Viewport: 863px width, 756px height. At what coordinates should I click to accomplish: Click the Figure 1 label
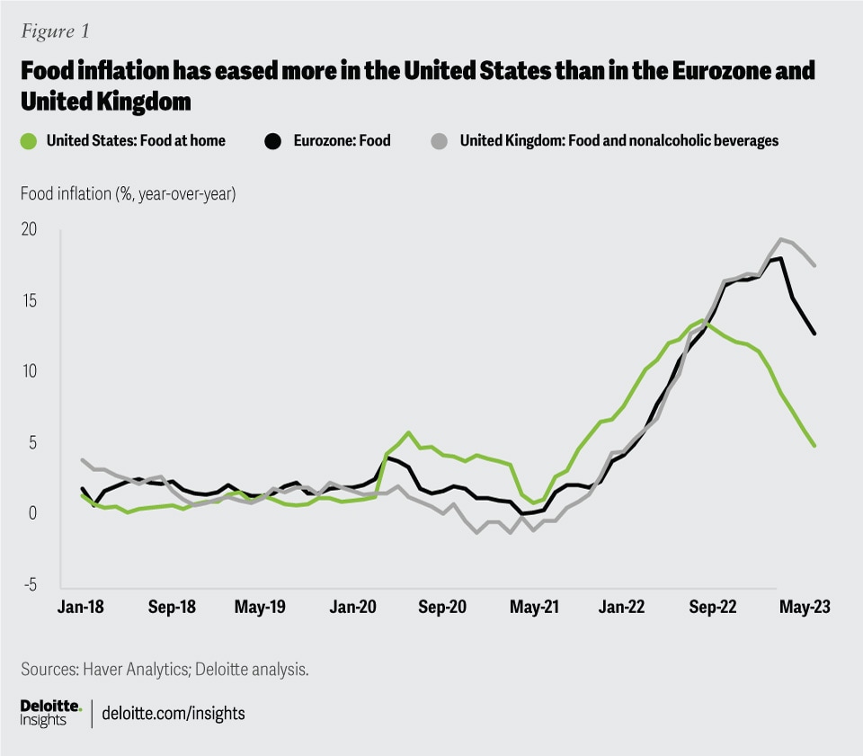pos(55,31)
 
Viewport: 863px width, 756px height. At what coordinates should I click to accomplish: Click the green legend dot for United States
pos(30,141)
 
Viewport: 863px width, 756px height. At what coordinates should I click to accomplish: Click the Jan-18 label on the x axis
pos(81,608)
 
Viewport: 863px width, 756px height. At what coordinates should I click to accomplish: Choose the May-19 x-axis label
pos(261,608)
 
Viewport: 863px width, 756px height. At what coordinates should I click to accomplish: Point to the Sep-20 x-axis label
pos(442,608)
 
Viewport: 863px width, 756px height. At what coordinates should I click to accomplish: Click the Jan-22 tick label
pos(622,608)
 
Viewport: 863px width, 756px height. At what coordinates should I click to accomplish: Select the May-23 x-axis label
pos(804,608)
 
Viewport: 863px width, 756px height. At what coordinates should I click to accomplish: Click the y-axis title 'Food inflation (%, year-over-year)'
pos(127,193)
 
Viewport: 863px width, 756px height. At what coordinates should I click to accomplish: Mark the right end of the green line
pos(814,445)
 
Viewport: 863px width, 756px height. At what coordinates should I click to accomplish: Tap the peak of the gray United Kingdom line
pos(780,239)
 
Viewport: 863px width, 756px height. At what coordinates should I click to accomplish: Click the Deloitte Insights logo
pos(51,712)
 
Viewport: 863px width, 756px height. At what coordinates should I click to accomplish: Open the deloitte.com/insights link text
pos(173,713)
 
